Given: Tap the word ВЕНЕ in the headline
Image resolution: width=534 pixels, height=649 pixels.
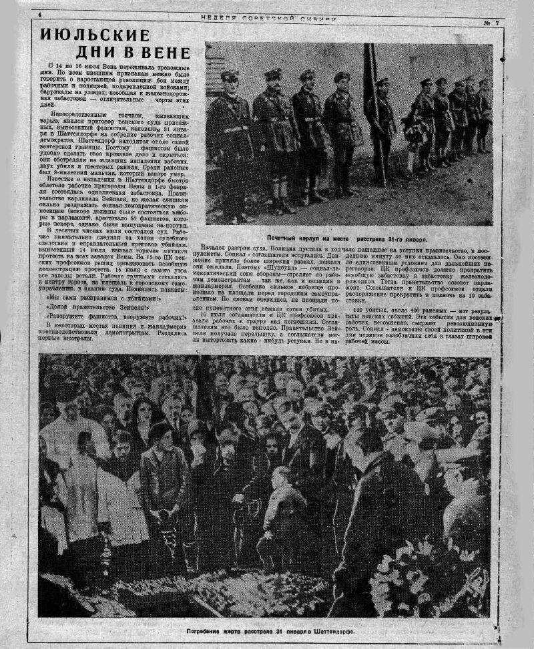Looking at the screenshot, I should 170,53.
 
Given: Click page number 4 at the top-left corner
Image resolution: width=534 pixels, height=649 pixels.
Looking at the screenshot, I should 40,15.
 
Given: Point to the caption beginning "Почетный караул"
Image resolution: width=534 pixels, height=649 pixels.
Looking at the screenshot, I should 347,238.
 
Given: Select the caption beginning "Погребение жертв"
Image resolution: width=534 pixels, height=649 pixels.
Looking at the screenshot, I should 271,630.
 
